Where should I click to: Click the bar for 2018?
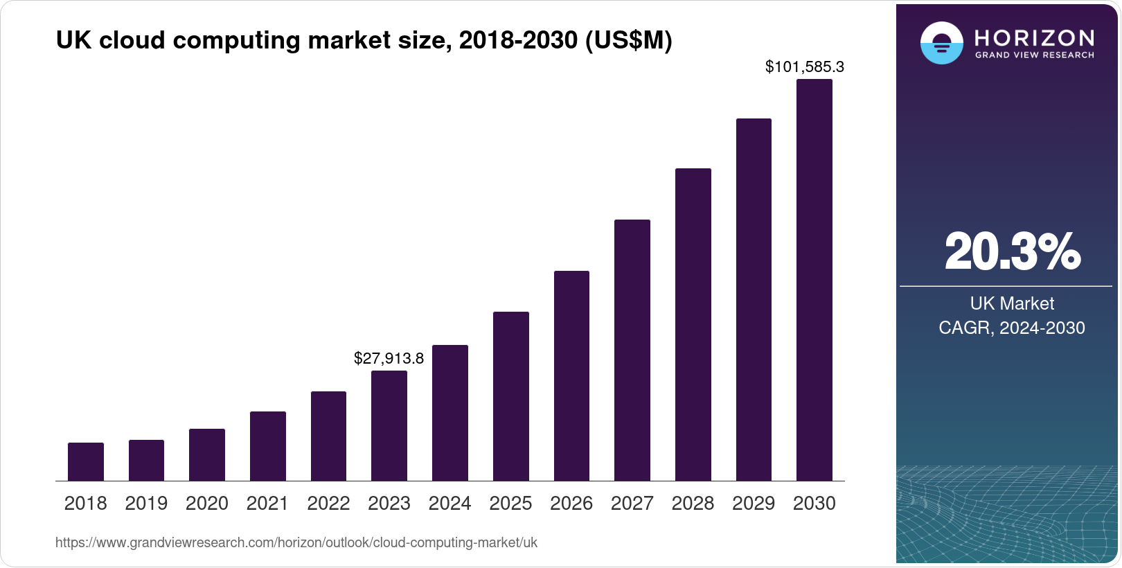86,461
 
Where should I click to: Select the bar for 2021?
268,446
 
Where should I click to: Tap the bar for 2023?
389,425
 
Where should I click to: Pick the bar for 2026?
571,375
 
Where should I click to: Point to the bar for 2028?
693,324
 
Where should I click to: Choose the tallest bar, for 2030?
814,280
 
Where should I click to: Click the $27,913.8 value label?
389,358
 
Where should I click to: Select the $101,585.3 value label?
804,66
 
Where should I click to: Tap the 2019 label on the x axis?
146,504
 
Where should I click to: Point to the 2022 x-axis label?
328,504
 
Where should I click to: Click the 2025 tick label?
510,504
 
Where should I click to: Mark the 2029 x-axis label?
754,504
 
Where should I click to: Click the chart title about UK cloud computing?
364,40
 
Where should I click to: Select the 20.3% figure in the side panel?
1012,251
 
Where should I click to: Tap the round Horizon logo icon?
941,43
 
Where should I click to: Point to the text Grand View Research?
1035,55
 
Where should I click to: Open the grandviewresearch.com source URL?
296,542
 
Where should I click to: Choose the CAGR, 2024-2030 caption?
1012,328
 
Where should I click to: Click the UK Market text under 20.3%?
1012,303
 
